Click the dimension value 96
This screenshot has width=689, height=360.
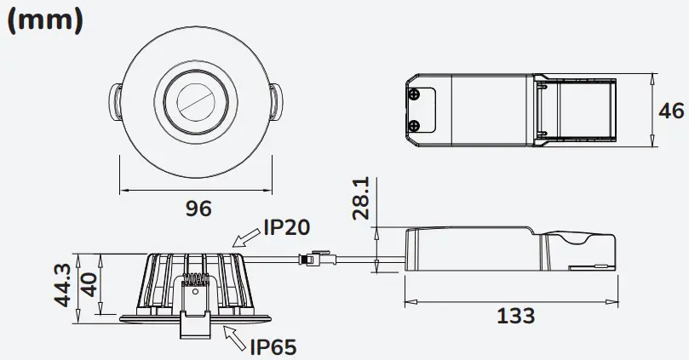pos(198,208)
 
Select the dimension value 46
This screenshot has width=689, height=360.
pos(671,111)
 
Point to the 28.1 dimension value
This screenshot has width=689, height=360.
pos(361,198)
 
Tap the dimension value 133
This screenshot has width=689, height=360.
pos(514,316)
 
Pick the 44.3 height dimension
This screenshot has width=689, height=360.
pos(60,284)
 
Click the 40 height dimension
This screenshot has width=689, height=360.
pos(88,284)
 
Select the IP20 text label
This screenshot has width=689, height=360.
pos(286,226)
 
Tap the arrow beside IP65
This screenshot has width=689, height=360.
pos(236,336)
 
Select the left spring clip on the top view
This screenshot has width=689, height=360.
pos(114,101)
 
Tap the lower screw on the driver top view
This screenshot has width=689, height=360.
pos(413,127)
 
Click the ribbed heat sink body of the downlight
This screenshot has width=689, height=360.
pos(162,281)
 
